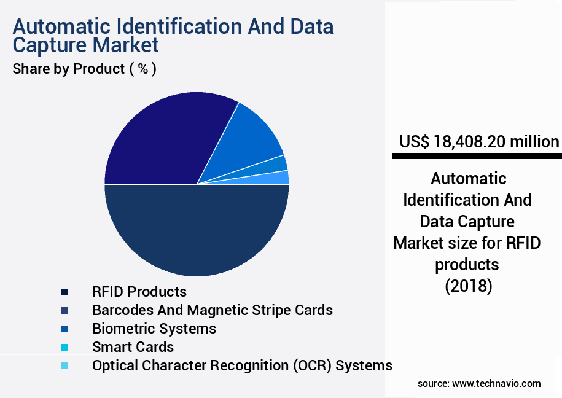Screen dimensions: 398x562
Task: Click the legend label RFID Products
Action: pyautogui.click(x=139, y=291)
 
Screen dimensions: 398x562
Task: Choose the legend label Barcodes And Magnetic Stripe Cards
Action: pyautogui.click(x=213, y=310)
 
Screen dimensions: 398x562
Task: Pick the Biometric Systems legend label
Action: pyautogui.click(x=154, y=329)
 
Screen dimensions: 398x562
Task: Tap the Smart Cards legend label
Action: pyautogui.click(x=133, y=347)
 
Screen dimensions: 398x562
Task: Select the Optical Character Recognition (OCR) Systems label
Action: pyautogui.click(x=242, y=365)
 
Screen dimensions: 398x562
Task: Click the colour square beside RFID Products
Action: pyautogui.click(x=65, y=292)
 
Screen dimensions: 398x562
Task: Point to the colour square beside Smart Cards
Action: pyautogui.click(x=65, y=348)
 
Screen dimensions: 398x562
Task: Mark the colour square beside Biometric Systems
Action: pyautogui.click(x=65, y=329)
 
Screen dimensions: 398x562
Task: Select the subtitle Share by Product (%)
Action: pyautogui.click(x=84, y=69)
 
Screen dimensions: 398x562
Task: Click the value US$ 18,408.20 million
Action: pyautogui.click(x=479, y=142)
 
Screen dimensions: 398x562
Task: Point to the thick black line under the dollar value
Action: pyautogui.click(x=477, y=157)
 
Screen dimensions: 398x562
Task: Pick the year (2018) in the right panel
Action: pyautogui.click(x=468, y=286)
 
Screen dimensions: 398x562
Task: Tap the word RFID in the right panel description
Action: pyautogui.click(x=523, y=243)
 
